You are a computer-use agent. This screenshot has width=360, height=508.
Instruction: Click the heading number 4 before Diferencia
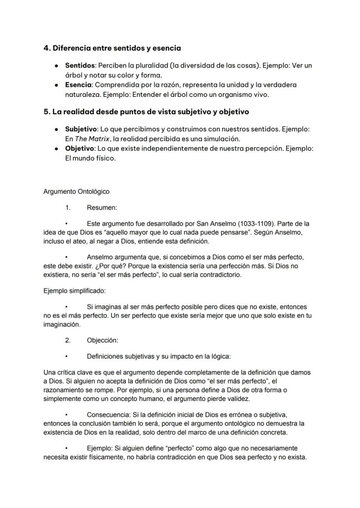(47, 48)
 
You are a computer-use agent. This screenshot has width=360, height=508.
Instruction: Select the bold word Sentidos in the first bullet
(80, 66)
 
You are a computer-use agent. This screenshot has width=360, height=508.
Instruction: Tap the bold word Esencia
(78, 85)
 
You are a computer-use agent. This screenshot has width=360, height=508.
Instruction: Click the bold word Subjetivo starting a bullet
(81, 129)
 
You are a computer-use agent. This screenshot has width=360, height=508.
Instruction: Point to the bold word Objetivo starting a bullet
(80, 149)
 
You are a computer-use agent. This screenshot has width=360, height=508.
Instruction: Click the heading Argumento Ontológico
(77, 191)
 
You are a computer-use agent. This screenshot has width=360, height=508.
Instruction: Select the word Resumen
(102, 208)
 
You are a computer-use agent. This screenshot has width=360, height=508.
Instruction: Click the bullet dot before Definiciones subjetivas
(67, 357)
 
